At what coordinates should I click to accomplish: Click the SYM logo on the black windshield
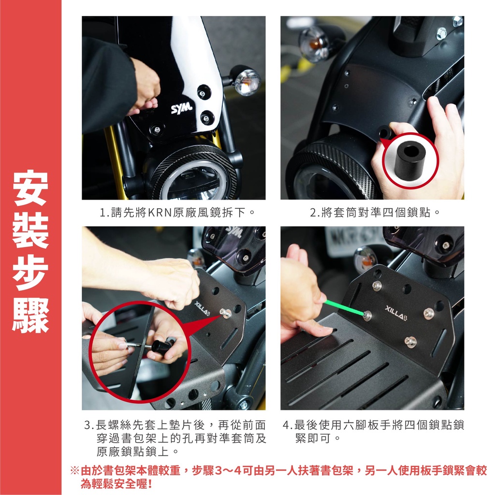point(182,108)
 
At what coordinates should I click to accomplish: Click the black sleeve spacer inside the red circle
point(410,160)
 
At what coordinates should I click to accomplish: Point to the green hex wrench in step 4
point(345,307)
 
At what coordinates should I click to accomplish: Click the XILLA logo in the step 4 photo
point(396,313)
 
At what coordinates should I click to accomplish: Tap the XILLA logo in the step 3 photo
point(202,308)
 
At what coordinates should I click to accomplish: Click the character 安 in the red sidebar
point(30,188)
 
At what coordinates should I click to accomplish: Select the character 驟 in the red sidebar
point(30,316)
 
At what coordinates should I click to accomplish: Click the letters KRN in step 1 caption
point(160,213)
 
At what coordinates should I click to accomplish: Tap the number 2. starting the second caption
point(315,213)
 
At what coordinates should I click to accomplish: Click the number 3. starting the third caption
point(89,425)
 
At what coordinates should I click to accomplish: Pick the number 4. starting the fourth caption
point(288,425)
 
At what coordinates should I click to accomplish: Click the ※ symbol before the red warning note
point(75,471)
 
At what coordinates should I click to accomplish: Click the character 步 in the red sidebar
point(30,273)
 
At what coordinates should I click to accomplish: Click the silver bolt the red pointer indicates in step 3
point(226,313)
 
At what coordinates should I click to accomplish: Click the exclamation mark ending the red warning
point(150,483)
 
